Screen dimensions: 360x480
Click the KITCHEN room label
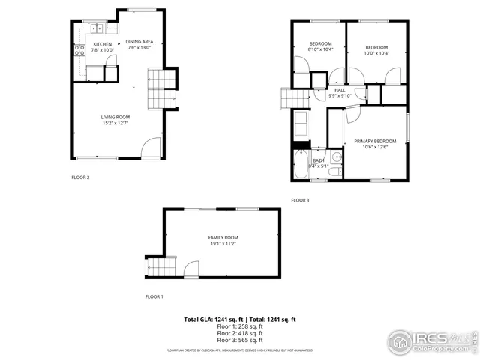103,44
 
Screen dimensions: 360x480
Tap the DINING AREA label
139,41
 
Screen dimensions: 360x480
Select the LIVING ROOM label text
115,117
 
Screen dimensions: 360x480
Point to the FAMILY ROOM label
223,237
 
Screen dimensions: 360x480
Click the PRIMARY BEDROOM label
375,141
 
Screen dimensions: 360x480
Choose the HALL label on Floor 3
340,89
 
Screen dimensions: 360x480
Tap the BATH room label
319,160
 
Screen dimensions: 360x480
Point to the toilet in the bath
335,172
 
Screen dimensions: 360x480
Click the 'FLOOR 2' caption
80,178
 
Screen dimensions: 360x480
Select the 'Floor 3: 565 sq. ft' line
240,340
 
